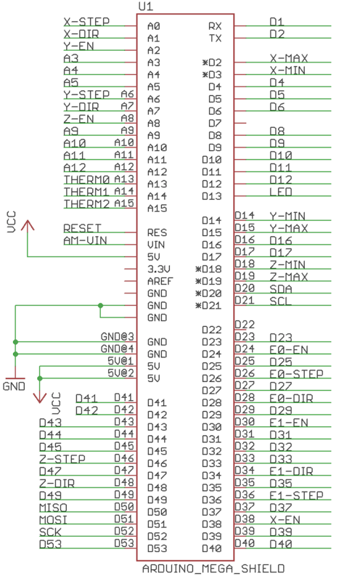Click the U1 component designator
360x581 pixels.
pyautogui.click(x=146, y=7)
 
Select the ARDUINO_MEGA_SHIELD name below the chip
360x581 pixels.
pyautogui.click(x=213, y=569)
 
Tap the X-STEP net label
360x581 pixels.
pyautogui.click(x=86, y=22)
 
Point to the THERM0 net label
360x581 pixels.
pyautogui.click(x=86, y=179)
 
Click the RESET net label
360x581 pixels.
pyautogui.click(x=82, y=228)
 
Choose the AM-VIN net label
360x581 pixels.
pyautogui.click(x=85, y=240)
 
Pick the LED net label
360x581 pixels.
pyautogui.click(x=281, y=192)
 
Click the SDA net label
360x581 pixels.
pyautogui.click(x=281, y=289)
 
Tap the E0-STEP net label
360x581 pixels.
pyautogui.click(x=296, y=374)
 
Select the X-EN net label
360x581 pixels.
pyautogui.click(x=285, y=520)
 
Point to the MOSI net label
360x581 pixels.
pyautogui.click(x=53, y=520)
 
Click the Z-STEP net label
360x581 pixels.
pyautogui.click(x=62, y=459)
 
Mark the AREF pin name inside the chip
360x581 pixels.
pyautogui.click(x=160, y=281)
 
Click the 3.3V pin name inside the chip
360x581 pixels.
pyautogui.click(x=159, y=269)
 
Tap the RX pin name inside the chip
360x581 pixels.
pyautogui.click(x=215, y=26)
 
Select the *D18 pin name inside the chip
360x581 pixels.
pyautogui.click(x=208, y=269)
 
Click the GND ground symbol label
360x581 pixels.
pyautogui.click(x=14, y=386)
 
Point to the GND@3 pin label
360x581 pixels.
pyautogui.click(x=118, y=336)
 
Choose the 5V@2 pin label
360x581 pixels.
pyautogui.click(x=120, y=373)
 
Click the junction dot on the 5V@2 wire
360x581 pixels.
pyautogui.click(x=40, y=378)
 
